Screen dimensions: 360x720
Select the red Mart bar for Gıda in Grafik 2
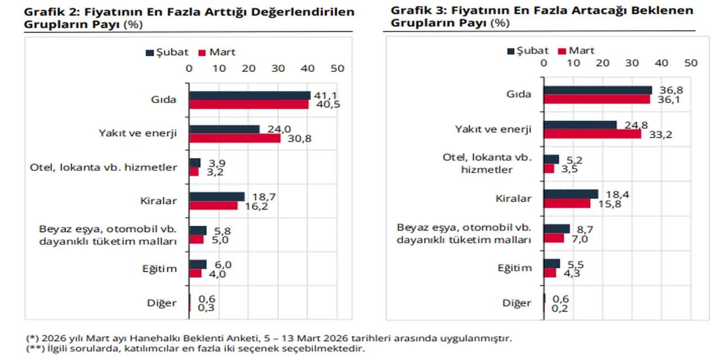coord(249,105)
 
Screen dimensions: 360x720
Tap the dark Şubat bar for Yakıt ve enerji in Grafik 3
coord(580,125)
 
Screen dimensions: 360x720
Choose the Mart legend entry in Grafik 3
coord(576,51)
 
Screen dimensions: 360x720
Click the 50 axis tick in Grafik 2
coord(337,68)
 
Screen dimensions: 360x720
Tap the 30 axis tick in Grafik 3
coord(632,63)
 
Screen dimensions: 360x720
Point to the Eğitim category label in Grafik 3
coord(514,268)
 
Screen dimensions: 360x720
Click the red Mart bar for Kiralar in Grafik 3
coord(567,203)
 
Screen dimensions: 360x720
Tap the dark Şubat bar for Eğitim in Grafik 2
coord(198,264)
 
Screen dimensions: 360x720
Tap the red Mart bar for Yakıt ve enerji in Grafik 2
coord(235,138)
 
